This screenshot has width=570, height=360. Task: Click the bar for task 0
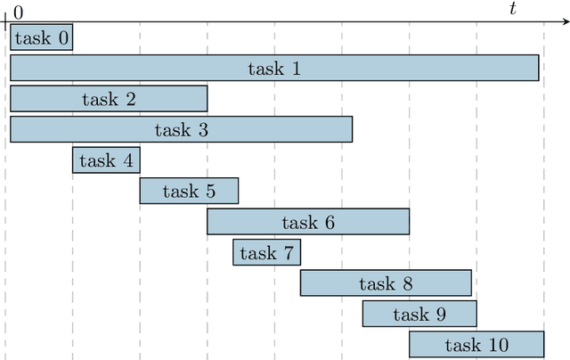click(x=41, y=37)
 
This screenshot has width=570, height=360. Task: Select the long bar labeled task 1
click(x=274, y=68)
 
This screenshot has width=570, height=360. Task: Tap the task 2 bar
click(x=109, y=99)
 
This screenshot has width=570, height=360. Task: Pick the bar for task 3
click(x=181, y=129)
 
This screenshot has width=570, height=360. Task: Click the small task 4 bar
click(x=106, y=160)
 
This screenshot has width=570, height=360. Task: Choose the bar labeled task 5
click(x=189, y=191)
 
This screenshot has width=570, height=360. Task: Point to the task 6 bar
click(x=308, y=222)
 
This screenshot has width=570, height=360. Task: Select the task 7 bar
click(x=266, y=253)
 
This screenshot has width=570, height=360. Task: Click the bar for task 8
click(x=386, y=283)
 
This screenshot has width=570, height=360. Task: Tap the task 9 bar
click(x=419, y=314)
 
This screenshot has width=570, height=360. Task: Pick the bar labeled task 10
click(x=476, y=345)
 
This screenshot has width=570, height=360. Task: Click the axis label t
click(x=512, y=9)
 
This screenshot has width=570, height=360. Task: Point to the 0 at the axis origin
click(x=19, y=12)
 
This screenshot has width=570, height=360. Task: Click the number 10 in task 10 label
click(x=498, y=345)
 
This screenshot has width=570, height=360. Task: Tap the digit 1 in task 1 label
click(x=297, y=68)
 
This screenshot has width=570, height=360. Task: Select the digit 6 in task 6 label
click(x=330, y=222)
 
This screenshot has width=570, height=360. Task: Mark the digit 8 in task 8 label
click(x=407, y=283)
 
